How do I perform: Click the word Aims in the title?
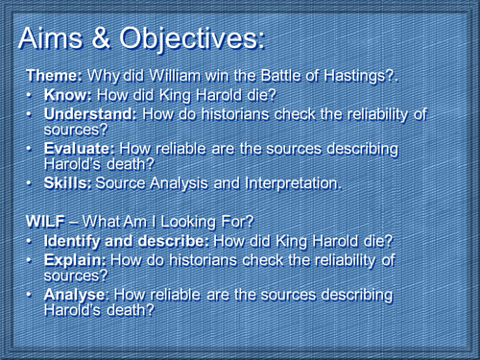[x=62, y=39]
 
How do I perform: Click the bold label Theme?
[x=54, y=76]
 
